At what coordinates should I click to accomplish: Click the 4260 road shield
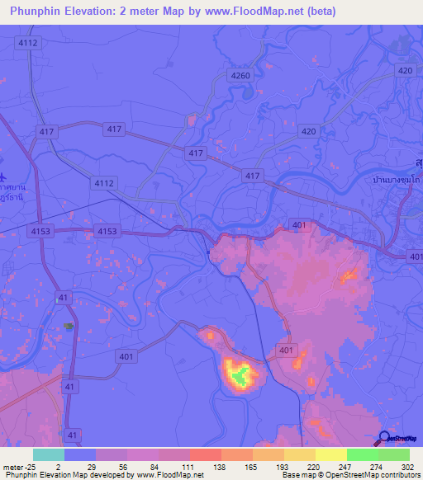(x=240, y=75)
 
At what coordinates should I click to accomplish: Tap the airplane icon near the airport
(x=4, y=176)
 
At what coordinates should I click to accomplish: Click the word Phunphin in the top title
(x=37, y=12)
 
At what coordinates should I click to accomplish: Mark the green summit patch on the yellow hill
(x=240, y=376)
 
